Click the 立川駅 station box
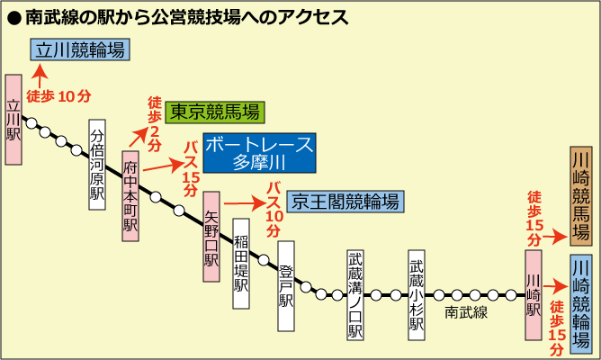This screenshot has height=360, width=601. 13,119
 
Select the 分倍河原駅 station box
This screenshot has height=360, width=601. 97,164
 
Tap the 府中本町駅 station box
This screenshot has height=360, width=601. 131,195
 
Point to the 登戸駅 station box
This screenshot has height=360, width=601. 286,274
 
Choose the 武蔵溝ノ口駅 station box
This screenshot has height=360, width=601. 355,295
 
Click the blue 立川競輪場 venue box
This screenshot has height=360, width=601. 78,49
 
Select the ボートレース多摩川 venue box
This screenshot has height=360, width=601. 259,153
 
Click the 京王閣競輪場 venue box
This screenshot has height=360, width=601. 344,201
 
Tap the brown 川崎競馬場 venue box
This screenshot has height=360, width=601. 580,196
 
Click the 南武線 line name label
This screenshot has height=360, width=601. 466,312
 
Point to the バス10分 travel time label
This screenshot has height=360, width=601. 274,208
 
